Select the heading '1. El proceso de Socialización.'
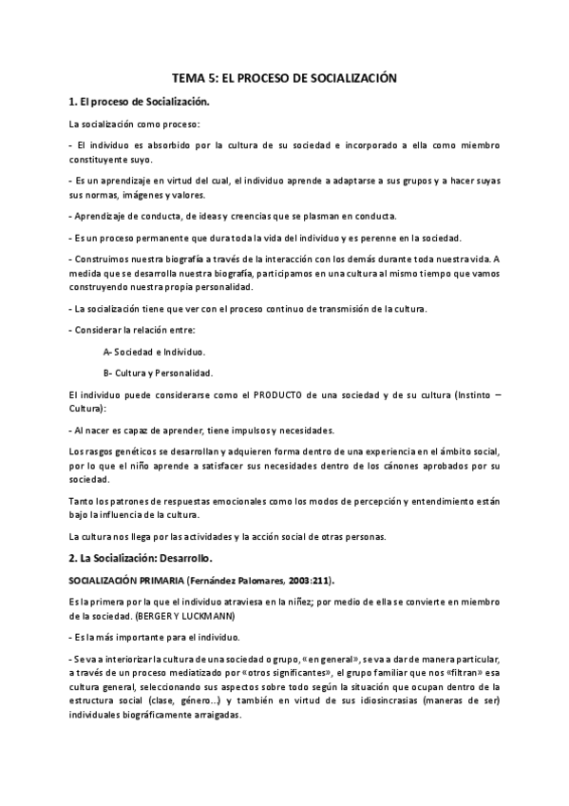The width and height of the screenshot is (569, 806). (x=139, y=102)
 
